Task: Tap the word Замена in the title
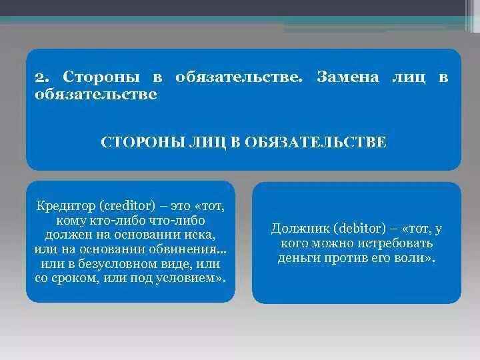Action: (x=347, y=78)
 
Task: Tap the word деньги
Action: (x=297, y=258)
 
